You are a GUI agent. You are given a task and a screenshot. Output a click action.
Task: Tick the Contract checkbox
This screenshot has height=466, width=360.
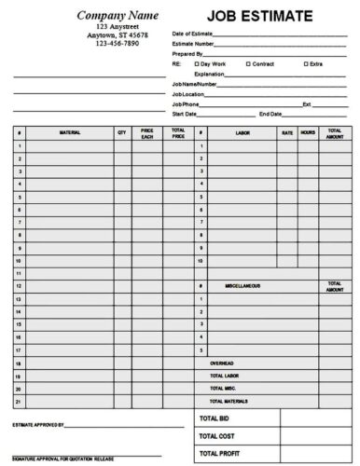coord(248,62)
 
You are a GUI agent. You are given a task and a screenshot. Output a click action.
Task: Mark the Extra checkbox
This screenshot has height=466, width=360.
coord(306,62)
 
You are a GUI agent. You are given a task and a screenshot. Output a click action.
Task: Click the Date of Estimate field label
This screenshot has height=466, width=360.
coord(192,34)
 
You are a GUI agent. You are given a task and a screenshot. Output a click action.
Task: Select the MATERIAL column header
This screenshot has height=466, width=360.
coord(70,133)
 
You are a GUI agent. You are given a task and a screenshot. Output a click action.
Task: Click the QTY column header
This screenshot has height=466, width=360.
coord(121,133)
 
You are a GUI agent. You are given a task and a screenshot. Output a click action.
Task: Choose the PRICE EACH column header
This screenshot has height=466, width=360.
coord(146,134)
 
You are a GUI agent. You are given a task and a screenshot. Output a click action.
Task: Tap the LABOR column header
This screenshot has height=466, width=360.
coord(242,133)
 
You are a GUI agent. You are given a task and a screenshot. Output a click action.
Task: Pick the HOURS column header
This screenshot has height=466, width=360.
coord(308,133)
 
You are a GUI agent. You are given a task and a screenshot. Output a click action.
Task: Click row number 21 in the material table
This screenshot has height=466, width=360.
coord(19,401)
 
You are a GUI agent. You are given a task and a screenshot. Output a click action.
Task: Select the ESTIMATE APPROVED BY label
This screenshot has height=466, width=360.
coord(38,424)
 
